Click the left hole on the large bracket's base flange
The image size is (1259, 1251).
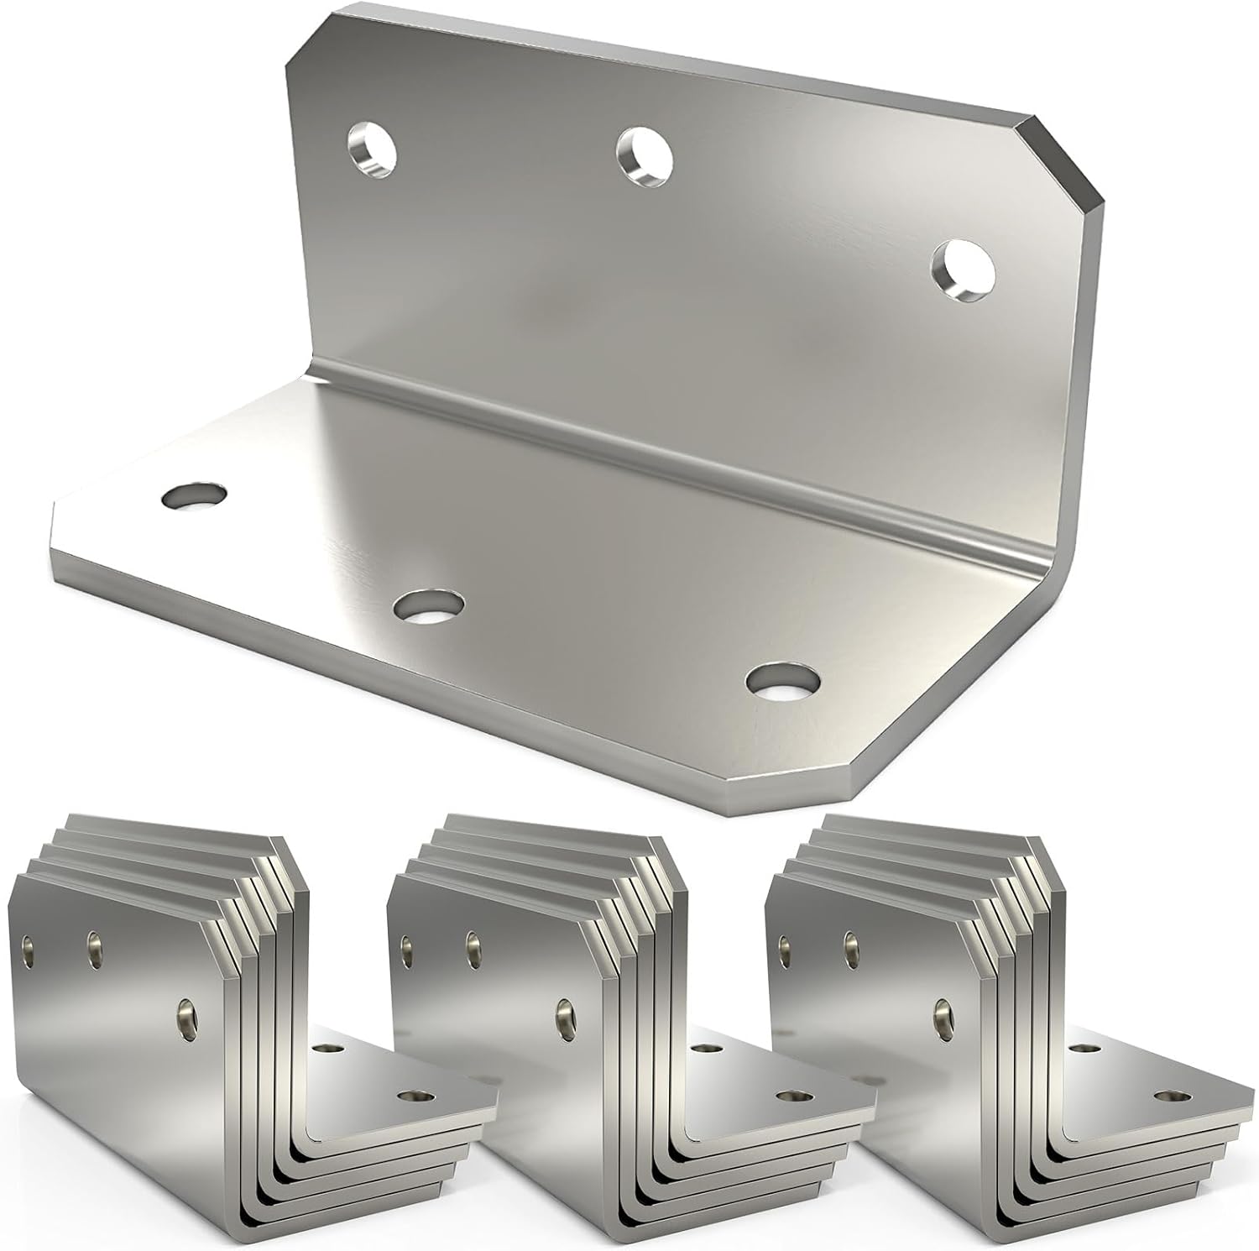click(x=195, y=495)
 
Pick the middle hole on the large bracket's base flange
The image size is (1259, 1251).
click(x=430, y=605)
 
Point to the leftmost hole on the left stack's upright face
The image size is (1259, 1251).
click(x=29, y=947)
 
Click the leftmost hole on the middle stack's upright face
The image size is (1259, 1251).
click(x=408, y=947)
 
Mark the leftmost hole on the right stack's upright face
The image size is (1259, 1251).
click(x=786, y=947)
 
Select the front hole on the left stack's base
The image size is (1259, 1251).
click(x=412, y=1096)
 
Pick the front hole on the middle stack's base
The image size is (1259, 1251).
click(x=790, y=1096)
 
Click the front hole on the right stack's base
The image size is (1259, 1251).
click(x=1168, y=1096)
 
